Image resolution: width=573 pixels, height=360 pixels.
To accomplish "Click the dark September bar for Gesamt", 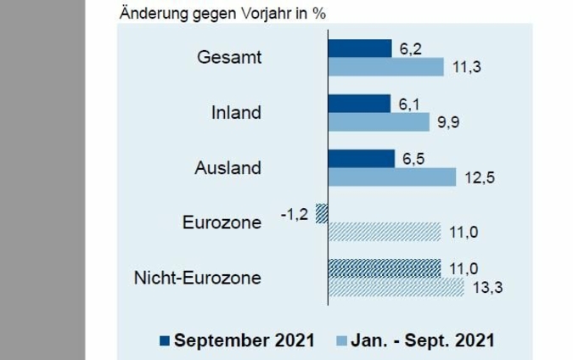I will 359,48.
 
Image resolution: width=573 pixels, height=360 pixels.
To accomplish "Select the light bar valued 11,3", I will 385,67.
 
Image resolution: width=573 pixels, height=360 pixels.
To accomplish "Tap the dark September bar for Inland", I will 359,104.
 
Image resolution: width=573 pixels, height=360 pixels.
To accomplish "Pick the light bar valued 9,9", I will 379,122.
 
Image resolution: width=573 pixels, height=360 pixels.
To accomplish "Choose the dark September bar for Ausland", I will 361,159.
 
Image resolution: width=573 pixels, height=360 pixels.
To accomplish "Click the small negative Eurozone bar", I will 322,213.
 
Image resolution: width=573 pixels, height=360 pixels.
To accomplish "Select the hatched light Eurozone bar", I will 384,232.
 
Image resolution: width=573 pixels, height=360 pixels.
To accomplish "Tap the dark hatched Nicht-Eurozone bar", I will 384,268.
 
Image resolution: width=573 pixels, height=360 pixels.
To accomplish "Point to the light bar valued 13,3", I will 396,287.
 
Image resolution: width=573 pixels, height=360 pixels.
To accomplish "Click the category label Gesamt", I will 228,59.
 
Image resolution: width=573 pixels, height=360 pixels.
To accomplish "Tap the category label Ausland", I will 227,168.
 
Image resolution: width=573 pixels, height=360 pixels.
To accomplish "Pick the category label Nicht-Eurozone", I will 197,278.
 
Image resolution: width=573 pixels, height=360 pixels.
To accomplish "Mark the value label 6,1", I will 407,104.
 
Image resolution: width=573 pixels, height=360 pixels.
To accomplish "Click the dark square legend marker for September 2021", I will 164,340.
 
